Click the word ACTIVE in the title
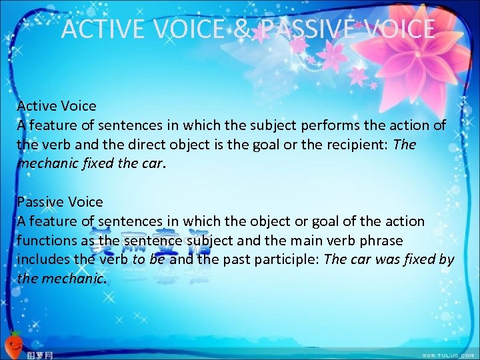[98, 29]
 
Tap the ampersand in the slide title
[242, 29]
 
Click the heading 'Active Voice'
[57, 106]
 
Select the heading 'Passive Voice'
[60, 202]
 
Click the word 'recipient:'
[361, 145]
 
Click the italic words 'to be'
[149, 259]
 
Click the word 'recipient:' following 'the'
[361, 145]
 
